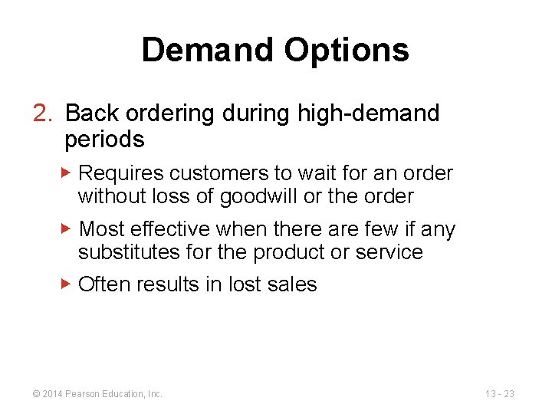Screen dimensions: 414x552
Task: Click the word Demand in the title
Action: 208,51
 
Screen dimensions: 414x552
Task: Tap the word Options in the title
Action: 347,51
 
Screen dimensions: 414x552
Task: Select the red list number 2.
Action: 42,113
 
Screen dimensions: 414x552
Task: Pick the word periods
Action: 104,140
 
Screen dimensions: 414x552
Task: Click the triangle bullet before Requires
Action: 66,172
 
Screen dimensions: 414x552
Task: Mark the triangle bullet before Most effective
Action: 66,228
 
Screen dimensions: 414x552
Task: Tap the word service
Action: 391,252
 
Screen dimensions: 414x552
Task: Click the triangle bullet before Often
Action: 66,284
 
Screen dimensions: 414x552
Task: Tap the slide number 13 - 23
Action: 499,394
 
